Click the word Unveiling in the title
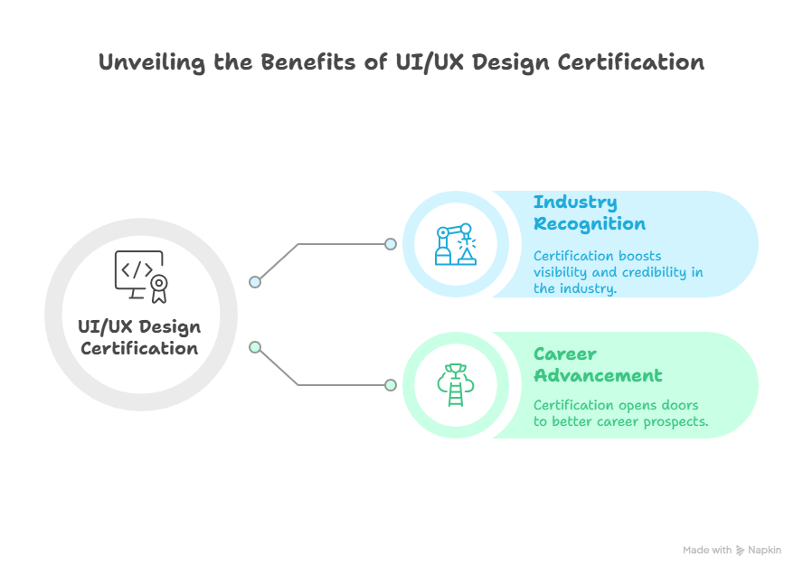point(151,62)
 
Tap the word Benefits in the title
point(308,62)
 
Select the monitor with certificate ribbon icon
point(141,277)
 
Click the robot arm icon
point(456,244)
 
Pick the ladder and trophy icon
point(456,385)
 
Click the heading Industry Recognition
point(590,213)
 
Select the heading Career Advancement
point(598,364)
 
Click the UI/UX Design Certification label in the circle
point(139,337)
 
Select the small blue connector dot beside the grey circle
point(255,282)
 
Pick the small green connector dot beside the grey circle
point(255,348)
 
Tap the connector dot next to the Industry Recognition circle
point(391,244)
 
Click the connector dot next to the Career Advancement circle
point(391,385)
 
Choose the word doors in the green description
point(680,405)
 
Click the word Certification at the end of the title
point(631,62)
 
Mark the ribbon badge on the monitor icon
point(159,288)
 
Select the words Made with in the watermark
point(707,551)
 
